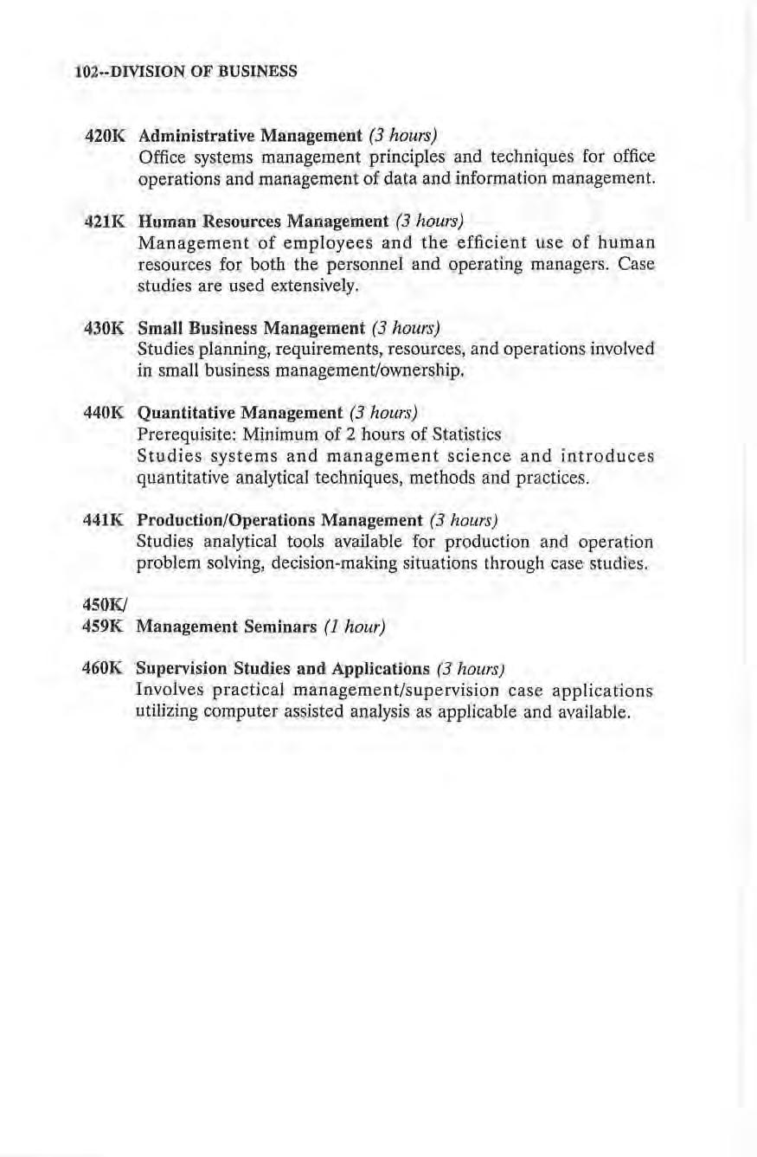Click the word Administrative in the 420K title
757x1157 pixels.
tap(191, 136)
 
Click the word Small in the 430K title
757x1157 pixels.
tap(158, 329)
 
